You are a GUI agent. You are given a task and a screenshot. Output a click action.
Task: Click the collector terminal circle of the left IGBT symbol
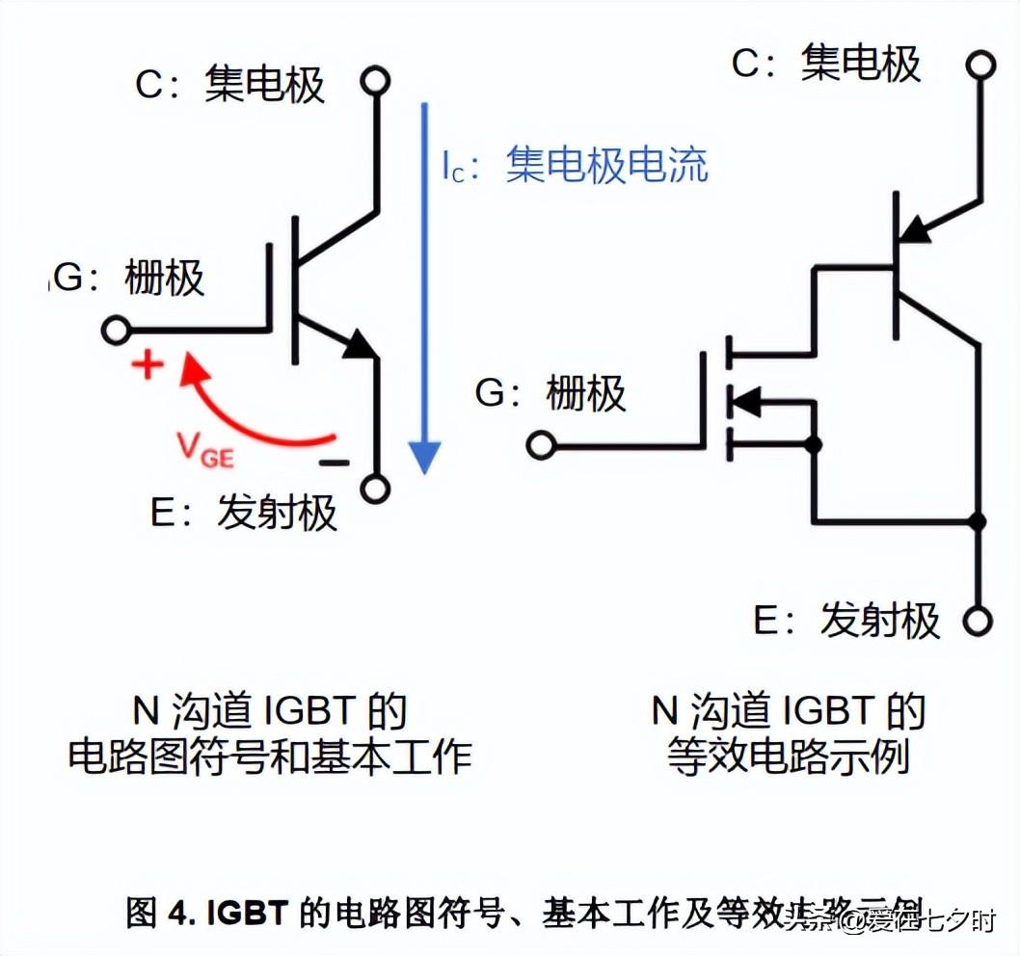tap(376, 80)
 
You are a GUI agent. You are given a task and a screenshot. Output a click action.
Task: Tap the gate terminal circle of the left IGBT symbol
tap(116, 331)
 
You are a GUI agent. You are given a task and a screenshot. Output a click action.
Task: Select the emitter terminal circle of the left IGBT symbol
tap(376, 488)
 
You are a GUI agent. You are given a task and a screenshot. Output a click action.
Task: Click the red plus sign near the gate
tap(148, 366)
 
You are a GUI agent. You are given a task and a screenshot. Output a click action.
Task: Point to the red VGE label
tap(204, 449)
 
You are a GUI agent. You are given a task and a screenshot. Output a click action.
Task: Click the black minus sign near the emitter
tap(334, 463)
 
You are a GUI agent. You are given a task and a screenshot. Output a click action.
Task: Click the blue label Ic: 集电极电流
tap(576, 166)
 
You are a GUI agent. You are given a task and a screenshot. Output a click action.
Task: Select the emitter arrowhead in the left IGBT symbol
tap(362, 345)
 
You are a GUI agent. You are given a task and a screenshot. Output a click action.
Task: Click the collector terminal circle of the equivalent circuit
tap(979, 65)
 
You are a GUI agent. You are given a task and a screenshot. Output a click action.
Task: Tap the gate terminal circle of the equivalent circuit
tap(541, 445)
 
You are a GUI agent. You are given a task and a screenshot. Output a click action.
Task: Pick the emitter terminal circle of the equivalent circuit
tap(979, 621)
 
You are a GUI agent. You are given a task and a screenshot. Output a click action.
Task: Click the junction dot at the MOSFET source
tap(815, 445)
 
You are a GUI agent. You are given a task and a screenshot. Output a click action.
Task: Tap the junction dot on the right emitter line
tap(979, 521)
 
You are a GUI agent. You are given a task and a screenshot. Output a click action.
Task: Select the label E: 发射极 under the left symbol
tap(245, 512)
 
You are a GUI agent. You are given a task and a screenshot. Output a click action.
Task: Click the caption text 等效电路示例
tap(788, 757)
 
